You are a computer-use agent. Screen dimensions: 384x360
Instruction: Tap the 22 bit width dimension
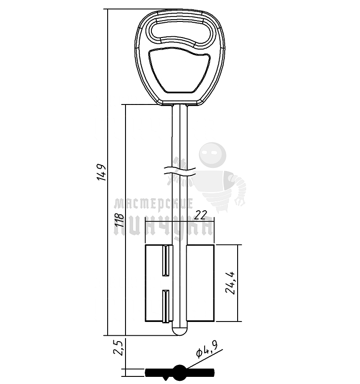(x=201, y=215)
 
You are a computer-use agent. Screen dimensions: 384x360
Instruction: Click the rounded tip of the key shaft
(x=180, y=331)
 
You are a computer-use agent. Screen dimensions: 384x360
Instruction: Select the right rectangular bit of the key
(x=201, y=283)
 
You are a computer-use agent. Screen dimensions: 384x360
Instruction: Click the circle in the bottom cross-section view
(x=180, y=371)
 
